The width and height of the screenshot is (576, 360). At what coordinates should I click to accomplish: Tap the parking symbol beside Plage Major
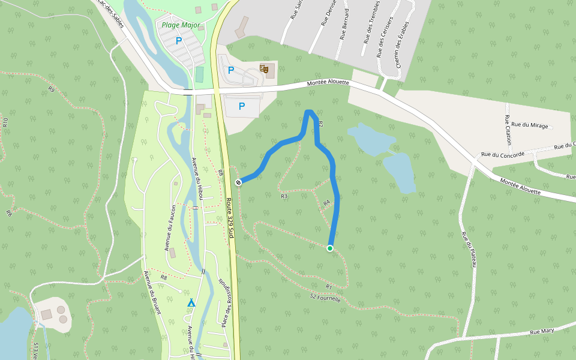pos(178,41)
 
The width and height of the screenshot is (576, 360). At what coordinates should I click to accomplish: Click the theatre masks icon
pos(263,68)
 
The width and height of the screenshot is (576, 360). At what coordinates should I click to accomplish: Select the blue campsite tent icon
pos(191,302)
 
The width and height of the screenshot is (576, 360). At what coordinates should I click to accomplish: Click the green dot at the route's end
pos(330,248)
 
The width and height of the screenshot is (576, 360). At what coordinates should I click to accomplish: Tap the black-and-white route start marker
pos(239,182)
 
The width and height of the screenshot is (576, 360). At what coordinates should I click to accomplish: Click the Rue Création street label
pos(508,130)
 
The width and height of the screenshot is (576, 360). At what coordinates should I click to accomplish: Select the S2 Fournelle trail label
pos(325,297)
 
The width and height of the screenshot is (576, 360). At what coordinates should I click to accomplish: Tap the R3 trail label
pos(284,196)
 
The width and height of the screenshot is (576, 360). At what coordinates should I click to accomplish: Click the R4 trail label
pos(327,203)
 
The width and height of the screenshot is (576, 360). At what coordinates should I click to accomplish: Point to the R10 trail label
pos(5,122)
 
